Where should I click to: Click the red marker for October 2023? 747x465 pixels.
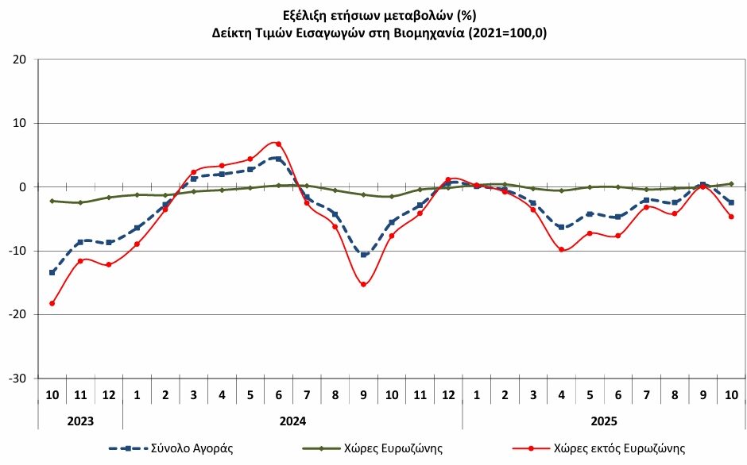pos(52,303)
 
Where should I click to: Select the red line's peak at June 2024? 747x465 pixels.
pos(278,144)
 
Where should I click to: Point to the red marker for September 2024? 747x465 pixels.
pos(363,284)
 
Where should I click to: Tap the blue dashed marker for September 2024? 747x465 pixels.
pos(363,255)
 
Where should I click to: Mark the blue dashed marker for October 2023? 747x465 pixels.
pos(52,272)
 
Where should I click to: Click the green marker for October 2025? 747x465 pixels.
pos(730,183)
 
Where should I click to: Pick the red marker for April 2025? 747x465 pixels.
pos(561,249)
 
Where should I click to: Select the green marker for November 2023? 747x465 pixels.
pos(80,202)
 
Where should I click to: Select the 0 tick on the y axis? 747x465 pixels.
pos(24,187)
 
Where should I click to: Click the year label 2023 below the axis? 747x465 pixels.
pos(80,421)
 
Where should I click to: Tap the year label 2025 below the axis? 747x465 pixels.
pos(603,421)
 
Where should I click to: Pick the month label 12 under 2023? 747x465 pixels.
pos(109,395)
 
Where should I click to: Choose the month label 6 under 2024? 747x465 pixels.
pos(278,395)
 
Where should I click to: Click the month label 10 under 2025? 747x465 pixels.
pos(730,395)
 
